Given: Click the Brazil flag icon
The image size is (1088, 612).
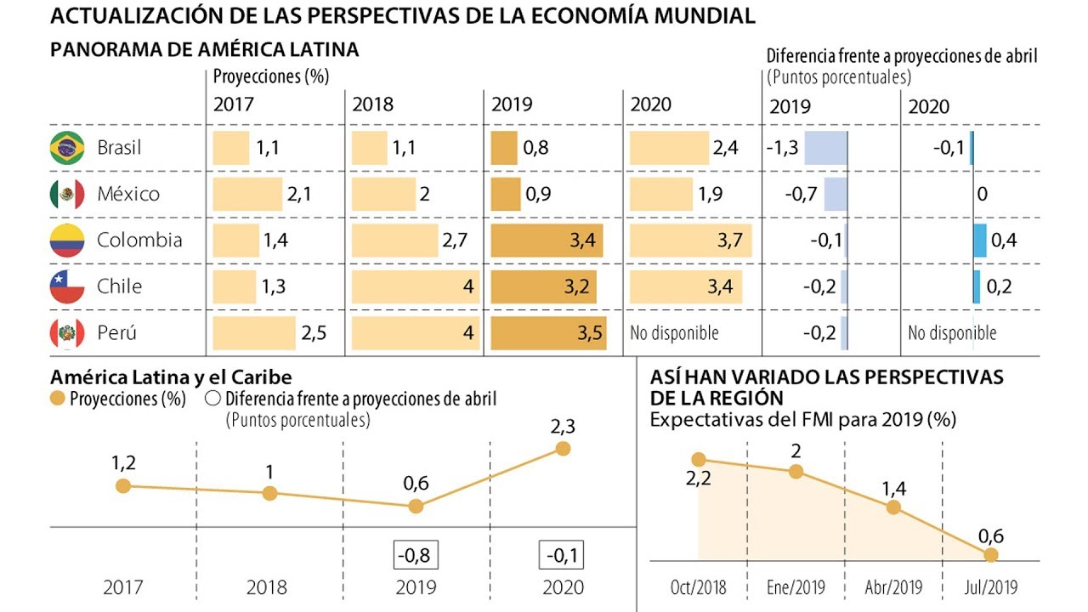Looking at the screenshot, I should click(67, 148).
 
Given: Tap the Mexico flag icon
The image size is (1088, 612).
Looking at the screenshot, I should click(67, 195).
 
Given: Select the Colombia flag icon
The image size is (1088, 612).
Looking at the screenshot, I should click(67, 241).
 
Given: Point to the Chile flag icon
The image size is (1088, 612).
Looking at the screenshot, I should click(67, 286).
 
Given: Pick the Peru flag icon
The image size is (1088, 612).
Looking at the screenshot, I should click(67, 333).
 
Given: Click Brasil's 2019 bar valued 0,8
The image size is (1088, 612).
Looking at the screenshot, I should click(504, 148).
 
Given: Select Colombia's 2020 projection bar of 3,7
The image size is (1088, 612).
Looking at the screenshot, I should click(690, 241).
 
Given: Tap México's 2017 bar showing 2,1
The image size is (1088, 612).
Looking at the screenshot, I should click(247, 195).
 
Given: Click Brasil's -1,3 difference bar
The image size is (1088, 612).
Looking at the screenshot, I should click(825, 148).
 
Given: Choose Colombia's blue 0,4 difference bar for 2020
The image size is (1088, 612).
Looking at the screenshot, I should click(980, 241).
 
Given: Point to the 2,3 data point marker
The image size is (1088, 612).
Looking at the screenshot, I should click(562, 449).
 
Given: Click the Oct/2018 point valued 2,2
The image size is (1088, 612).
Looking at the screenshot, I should click(699, 460).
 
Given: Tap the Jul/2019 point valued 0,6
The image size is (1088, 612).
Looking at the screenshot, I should click(990, 554).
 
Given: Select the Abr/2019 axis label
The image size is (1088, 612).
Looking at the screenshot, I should click(892, 587).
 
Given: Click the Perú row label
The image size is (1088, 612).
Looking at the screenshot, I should click(118, 333).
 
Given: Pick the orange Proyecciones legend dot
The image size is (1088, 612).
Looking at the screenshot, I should click(58, 399).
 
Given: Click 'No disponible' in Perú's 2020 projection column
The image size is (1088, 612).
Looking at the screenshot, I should click(674, 333).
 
